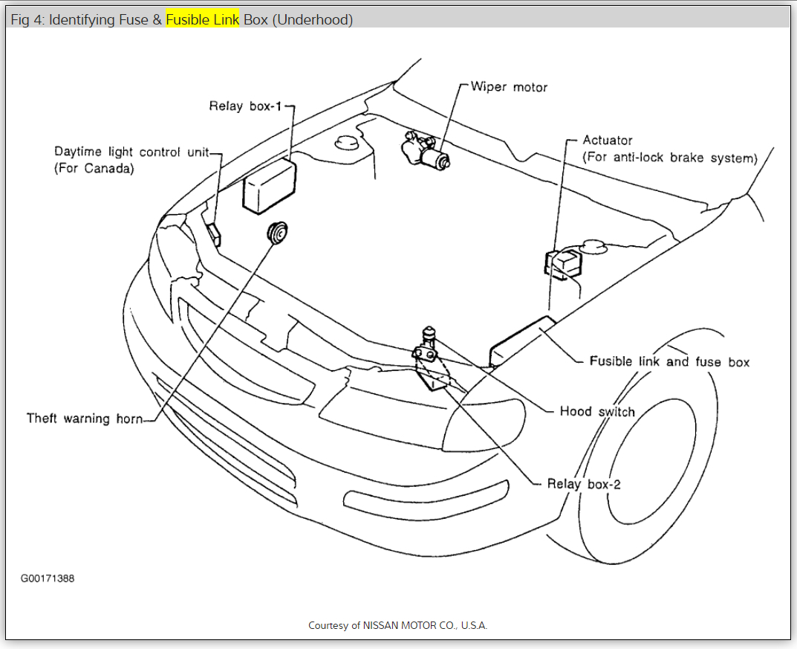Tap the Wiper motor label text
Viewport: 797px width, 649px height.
click(509, 87)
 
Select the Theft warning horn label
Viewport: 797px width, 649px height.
click(84, 419)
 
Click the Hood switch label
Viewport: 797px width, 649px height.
click(597, 411)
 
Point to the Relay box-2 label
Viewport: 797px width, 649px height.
click(584, 484)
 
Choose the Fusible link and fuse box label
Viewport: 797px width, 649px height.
click(669, 362)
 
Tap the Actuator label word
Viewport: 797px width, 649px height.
click(608, 141)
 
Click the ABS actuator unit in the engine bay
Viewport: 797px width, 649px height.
click(563, 263)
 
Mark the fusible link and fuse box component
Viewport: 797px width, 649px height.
click(522, 340)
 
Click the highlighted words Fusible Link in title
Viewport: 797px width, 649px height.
click(203, 20)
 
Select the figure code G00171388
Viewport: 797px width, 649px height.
click(48, 578)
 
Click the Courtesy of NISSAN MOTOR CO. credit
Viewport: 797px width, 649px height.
click(398, 625)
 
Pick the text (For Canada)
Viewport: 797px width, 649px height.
click(94, 169)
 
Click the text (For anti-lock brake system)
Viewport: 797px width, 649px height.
click(670, 158)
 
